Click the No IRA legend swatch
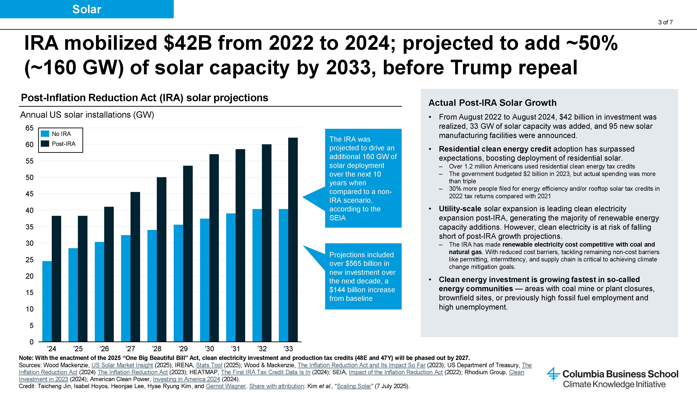tap(45, 134)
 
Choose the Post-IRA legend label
tap(64, 144)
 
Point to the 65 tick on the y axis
tap(29, 128)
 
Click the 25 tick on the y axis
tap(29, 260)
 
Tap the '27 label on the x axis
tap(130, 349)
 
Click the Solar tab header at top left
tap(87, 9)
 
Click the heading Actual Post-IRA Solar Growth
tap(492, 103)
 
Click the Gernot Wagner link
tap(226, 386)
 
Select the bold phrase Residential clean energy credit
tap(495, 149)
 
